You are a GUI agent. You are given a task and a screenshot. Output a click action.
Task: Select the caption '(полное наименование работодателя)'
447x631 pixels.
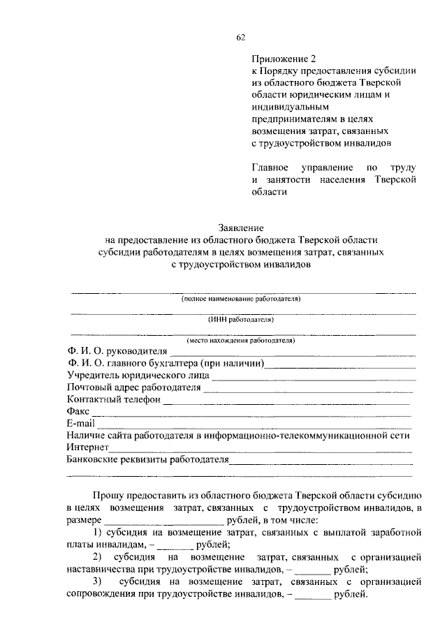(x=240, y=298)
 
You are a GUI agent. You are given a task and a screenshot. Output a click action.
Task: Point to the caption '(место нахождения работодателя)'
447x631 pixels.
(x=240, y=341)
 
